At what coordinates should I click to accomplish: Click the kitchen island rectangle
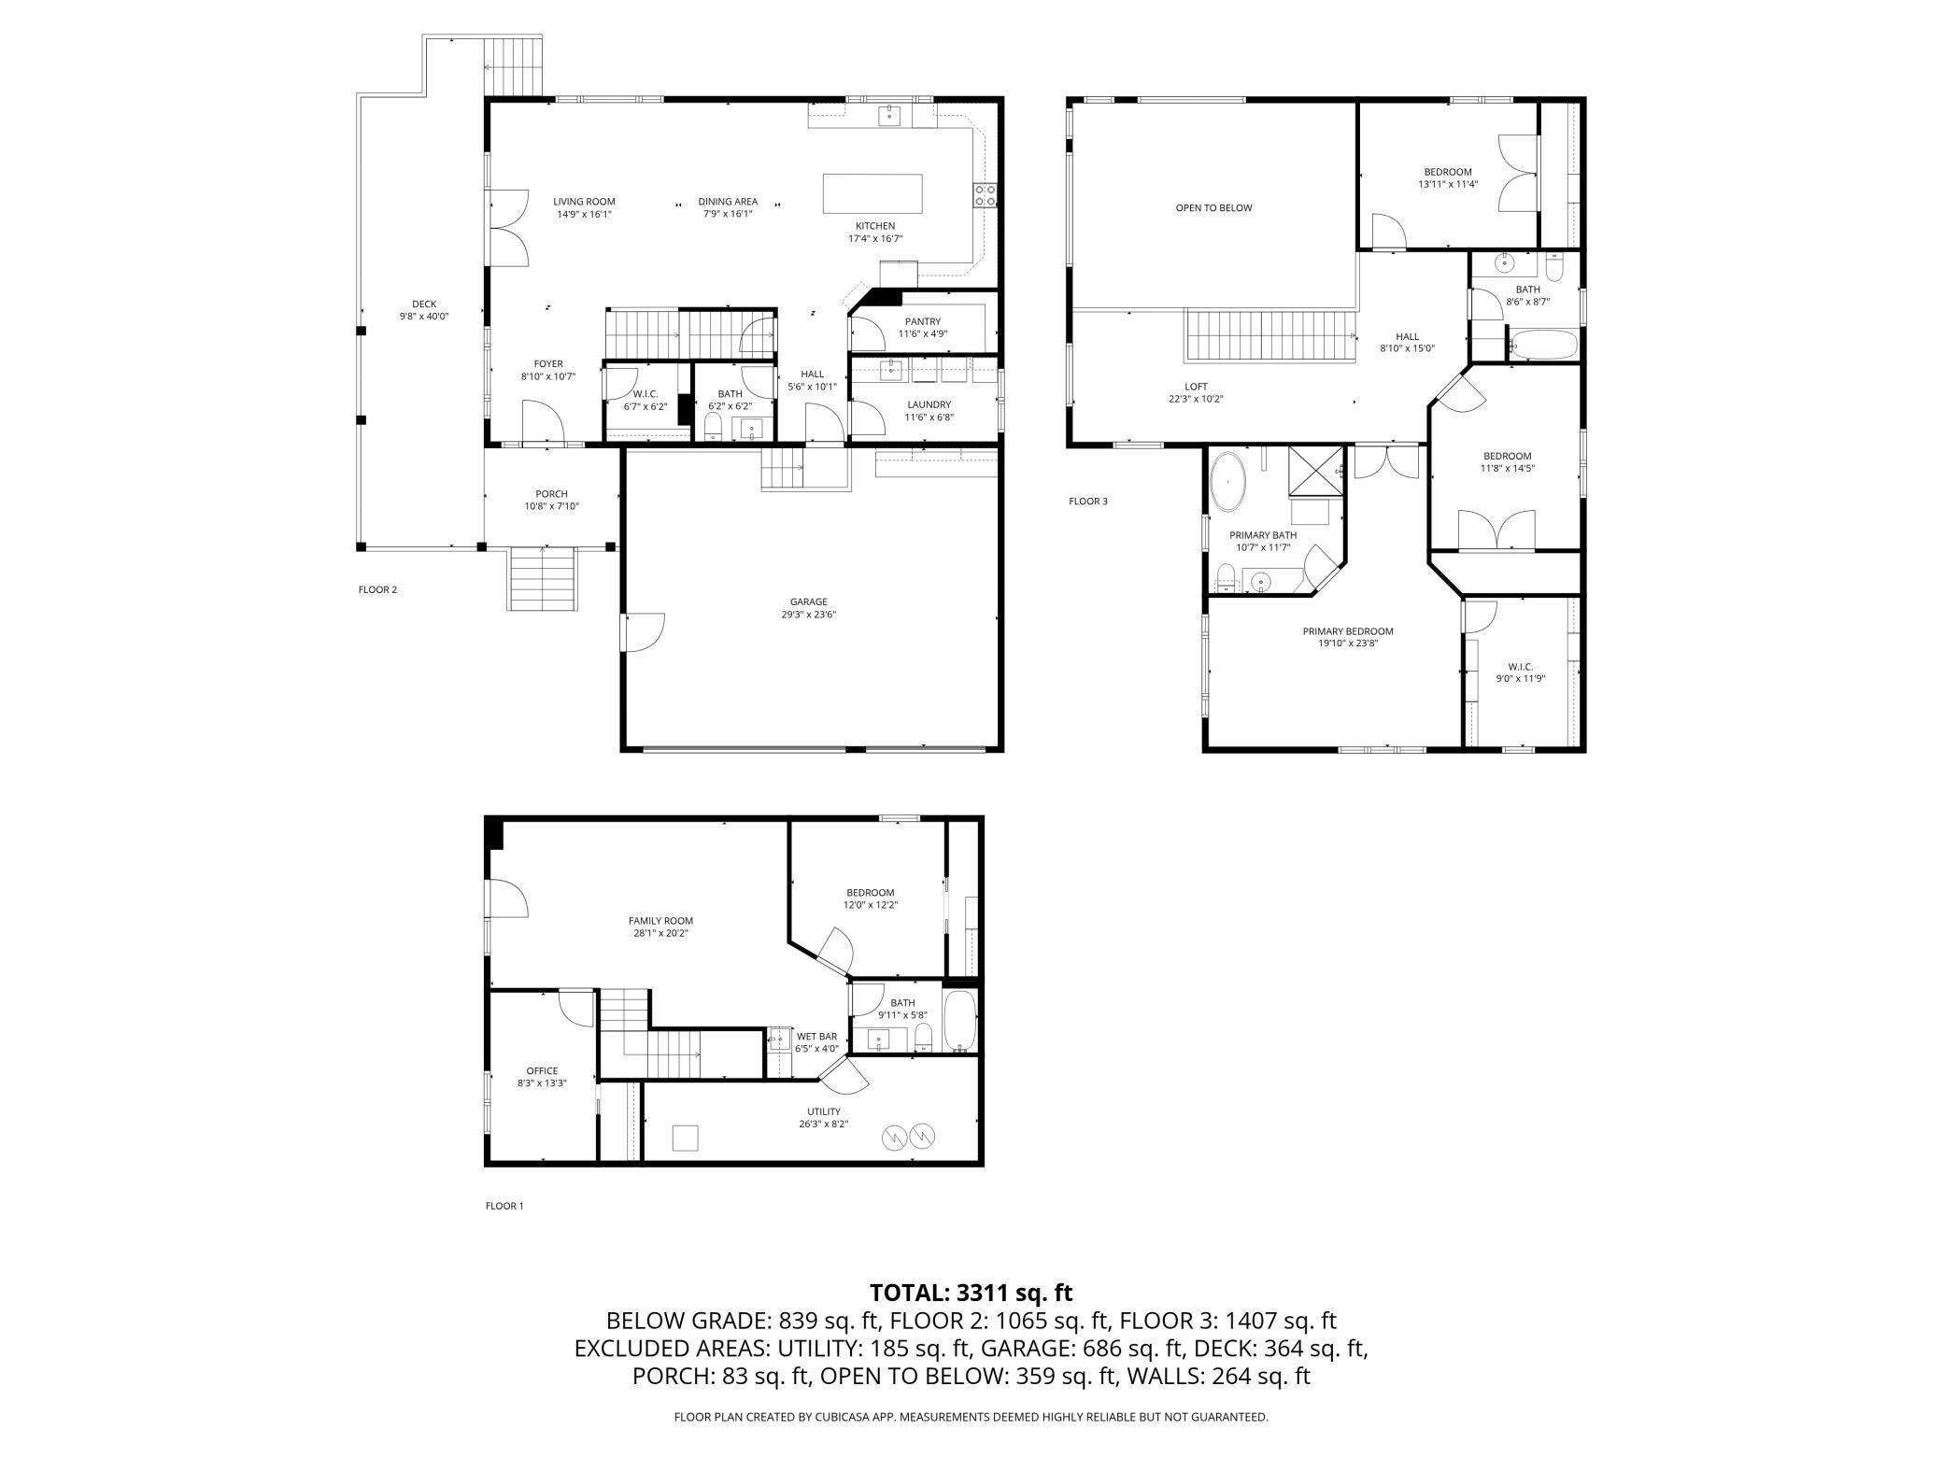(872, 194)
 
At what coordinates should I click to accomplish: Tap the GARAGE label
(808, 601)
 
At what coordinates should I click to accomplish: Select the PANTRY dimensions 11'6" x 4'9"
(923, 333)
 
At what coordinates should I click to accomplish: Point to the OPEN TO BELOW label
(1213, 207)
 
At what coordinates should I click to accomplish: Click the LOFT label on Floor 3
(1196, 386)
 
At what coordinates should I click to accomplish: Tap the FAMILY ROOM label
(660, 921)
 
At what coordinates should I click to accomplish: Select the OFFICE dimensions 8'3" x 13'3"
(542, 1083)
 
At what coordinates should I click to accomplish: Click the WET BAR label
(815, 1036)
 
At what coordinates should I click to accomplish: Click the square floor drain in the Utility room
(685, 1138)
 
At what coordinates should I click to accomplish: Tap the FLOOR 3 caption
(1087, 502)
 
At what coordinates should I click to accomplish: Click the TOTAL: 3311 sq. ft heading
(971, 1293)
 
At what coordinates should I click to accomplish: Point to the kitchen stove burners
(986, 194)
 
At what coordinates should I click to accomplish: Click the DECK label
(424, 304)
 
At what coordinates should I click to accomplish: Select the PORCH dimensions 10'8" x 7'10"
(551, 506)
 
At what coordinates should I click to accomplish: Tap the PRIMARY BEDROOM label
(1347, 631)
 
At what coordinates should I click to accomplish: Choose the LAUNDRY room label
(928, 404)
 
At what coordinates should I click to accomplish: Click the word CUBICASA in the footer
(842, 1417)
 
